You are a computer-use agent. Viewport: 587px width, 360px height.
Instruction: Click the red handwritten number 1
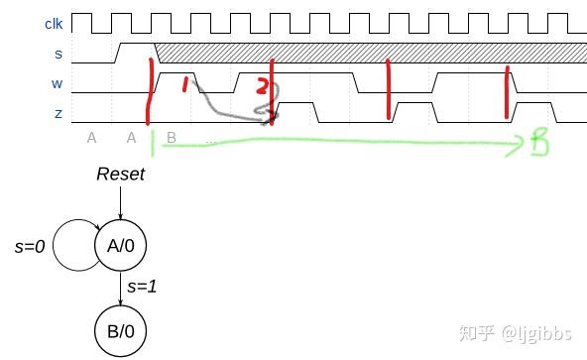click(x=185, y=85)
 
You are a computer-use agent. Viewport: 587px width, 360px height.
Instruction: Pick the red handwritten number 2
click(x=261, y=86)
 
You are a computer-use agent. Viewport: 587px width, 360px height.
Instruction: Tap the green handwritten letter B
click(x=538, y=144)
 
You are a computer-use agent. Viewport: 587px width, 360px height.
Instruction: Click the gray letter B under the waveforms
click(x=172, y=138)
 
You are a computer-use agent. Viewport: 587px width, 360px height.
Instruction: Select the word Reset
click(x=120, y=175)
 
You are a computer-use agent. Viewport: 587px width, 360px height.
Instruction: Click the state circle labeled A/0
click(x=120, y=245)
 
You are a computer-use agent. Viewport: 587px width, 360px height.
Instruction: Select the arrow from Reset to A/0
click(x=120, y=202)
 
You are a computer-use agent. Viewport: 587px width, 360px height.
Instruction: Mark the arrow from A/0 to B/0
click(x=120, y=289)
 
